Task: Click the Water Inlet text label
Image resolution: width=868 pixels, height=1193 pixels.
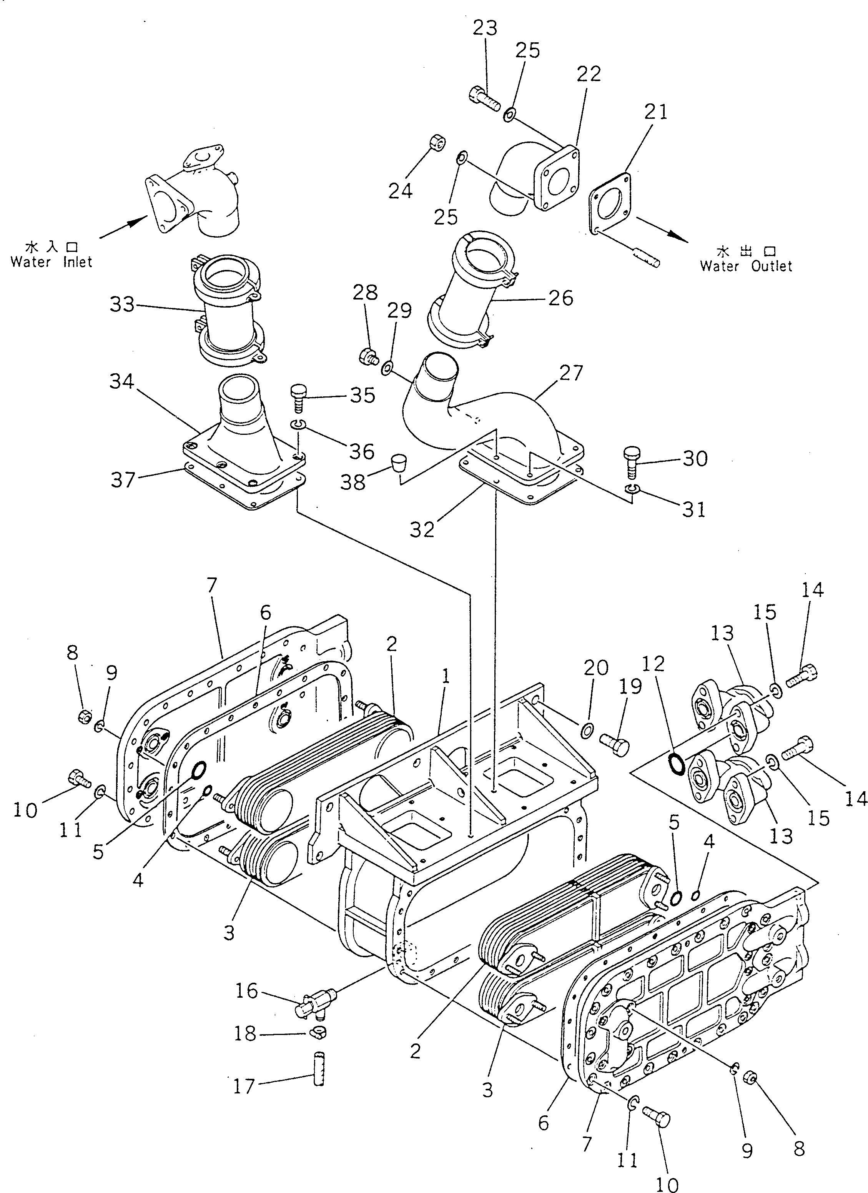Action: [51, 261]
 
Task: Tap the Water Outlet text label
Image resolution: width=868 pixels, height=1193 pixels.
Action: [745, 266]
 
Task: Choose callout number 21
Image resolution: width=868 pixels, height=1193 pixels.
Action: [655, 111]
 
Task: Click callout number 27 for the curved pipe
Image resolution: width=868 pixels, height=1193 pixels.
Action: [571, 373]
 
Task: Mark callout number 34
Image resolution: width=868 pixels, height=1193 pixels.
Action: [121, 381]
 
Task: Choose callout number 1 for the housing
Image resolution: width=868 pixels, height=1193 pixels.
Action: [446, 677]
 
